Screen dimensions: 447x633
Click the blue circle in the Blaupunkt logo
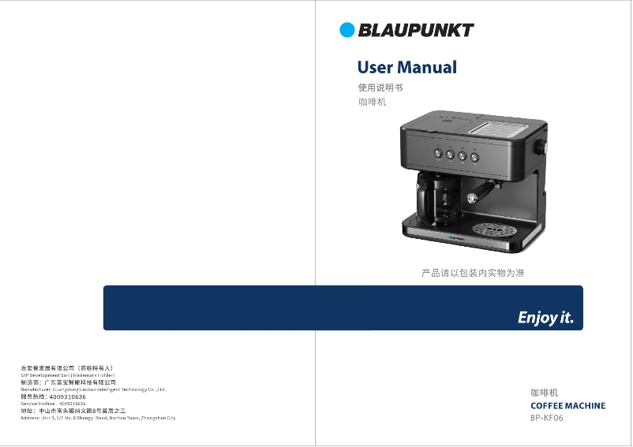tap(347, 30)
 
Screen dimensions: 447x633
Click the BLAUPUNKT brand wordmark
tap(416, 31)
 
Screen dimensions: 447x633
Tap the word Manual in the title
tap(427, 68)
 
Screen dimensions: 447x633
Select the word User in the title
tap(375, 68)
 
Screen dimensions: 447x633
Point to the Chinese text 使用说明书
tap(380, 88)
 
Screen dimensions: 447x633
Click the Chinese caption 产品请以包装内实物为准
tap(473, 274)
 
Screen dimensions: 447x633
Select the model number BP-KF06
tap(547, 419)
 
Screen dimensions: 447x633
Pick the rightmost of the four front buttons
tap(475, 157)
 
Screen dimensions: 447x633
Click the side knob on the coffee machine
tap(544, 147)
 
